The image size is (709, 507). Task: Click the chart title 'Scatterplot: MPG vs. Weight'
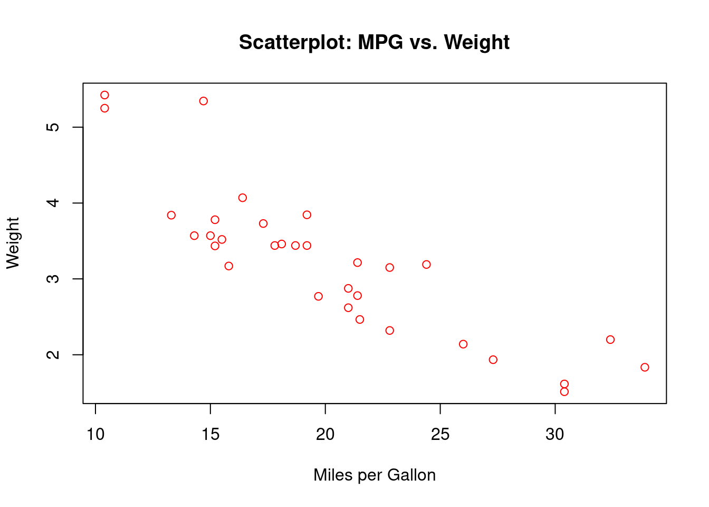click(374, 42)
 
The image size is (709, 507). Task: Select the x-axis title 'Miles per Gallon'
click(374, 475)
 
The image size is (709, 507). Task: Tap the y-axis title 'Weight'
click(13, 243)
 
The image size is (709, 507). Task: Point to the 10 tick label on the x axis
click(95, 435)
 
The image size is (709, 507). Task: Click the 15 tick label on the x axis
click(210, 435)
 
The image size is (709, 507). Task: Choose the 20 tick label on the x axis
click(325, 435)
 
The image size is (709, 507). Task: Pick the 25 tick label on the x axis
click(440, 435)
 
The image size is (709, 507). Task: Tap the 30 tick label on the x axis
click(555, 435)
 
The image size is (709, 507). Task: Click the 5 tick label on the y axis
click(53, 127)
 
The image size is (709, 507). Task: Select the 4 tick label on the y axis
click(53, 203)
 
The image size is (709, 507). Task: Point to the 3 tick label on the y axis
click(53, 279)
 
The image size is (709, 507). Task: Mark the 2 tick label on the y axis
click(53, 354)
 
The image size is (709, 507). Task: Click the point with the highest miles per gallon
click(645, 367)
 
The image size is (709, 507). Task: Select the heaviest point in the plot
click(104, 95)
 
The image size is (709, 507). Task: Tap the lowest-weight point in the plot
click(564, 391)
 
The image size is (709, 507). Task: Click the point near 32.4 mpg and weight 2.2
click(610, 340)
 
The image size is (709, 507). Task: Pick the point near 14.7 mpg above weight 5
click(204, 101)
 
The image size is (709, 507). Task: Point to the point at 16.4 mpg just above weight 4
click(243, 198)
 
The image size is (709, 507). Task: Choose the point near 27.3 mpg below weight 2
click(493, 360)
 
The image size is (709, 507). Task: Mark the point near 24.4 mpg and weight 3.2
click(426, 264)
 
